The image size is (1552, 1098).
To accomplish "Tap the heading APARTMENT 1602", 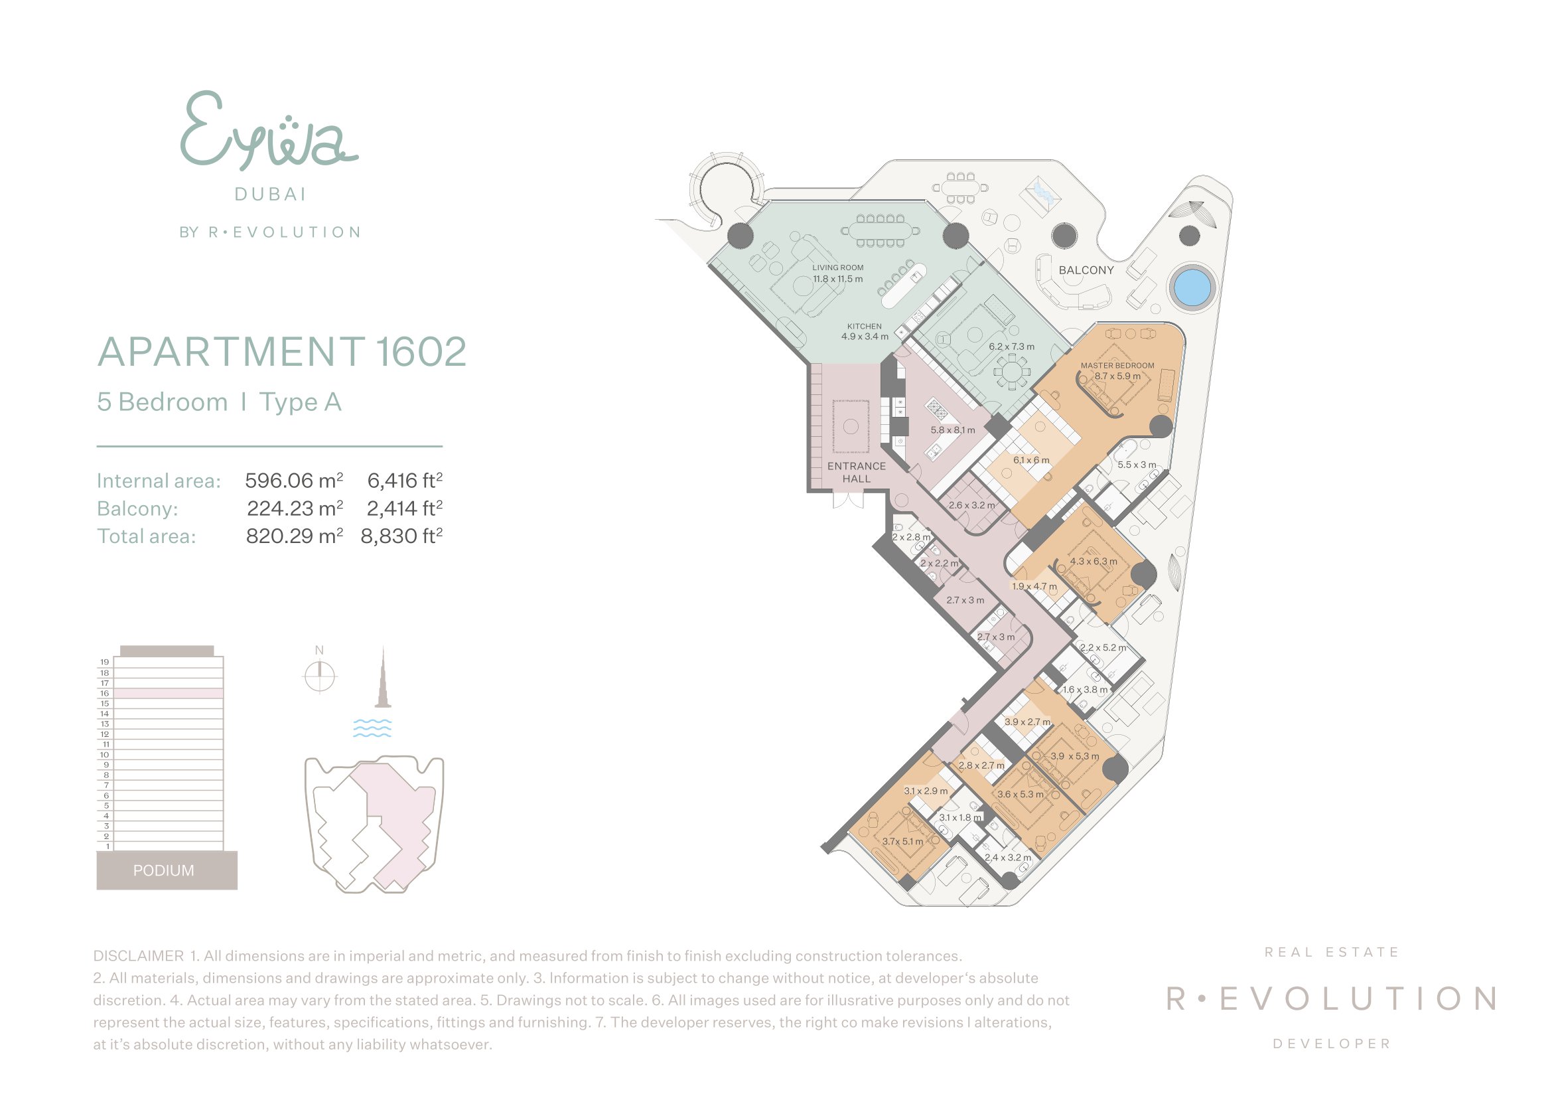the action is click(283, 352).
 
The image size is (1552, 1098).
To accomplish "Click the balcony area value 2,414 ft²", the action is click(405, 508).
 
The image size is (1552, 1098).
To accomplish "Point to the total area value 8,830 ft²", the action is click(401, 536).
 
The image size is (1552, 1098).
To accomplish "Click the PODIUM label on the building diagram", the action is click(164, 870).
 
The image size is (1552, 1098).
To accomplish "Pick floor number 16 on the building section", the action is click(105, 693).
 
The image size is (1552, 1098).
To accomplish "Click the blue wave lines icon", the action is click(372, 728).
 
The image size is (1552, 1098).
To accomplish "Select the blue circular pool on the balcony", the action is click(1192, 287).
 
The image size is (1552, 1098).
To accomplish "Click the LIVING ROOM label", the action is click(837, 268).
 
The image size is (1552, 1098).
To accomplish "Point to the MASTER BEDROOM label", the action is click(1117, 366).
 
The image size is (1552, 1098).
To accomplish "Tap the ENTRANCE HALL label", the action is click(857, 473).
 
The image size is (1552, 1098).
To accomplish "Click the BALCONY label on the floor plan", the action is click(1086, 270).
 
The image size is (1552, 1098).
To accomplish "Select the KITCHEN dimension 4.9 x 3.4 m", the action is click(865, 337).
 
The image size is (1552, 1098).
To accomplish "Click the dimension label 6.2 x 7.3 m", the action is click(1011, 347).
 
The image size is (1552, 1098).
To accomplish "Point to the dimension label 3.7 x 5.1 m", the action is click(902, 842).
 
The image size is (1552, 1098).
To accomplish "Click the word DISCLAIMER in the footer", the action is click(139, 956).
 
